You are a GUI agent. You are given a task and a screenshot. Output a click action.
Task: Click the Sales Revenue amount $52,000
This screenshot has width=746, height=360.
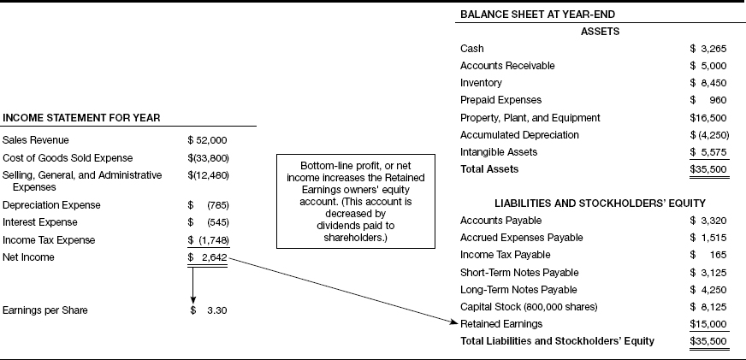[207, 140]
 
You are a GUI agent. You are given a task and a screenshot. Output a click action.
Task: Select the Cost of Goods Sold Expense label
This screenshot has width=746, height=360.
[68, 158]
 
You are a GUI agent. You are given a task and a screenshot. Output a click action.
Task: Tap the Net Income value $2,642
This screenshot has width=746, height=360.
[207, 257]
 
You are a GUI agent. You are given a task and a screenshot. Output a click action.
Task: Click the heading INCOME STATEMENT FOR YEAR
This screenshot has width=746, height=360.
[82, 117]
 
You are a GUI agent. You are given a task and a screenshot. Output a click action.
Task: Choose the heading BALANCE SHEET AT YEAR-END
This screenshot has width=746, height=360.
[536, 15]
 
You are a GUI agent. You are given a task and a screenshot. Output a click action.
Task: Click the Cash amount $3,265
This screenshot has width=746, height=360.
[708, 49]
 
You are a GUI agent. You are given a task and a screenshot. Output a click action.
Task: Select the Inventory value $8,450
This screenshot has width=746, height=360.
[708, 83]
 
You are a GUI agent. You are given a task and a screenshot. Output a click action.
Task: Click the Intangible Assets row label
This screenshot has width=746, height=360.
[498, 152]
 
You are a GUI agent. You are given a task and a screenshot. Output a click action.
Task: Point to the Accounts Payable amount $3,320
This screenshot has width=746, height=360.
[708, 221]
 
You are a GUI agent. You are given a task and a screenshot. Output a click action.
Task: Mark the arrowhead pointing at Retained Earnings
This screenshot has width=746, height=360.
[454, 322]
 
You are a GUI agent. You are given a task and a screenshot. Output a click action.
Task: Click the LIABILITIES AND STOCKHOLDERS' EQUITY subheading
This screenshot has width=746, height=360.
[600, 204]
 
